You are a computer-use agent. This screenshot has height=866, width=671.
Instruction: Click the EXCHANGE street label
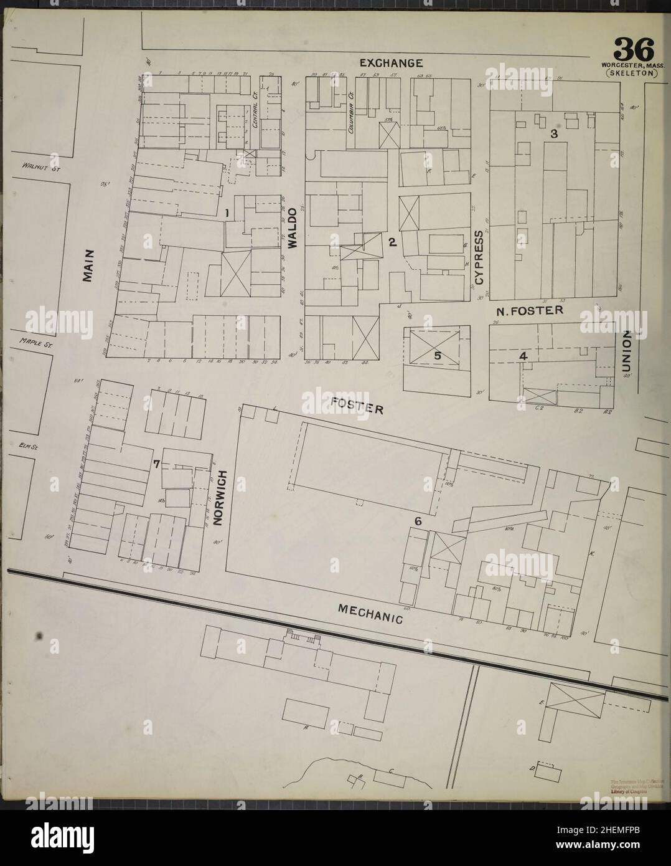[x=392, y=63]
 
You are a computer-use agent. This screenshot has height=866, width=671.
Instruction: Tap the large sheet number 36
[x=634, y=49]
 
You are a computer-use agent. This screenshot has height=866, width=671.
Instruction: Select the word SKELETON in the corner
[x=631, y=72]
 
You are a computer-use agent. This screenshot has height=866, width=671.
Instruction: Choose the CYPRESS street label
[x=479, y=258]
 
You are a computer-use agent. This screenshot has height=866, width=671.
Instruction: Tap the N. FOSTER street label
[x=530, y=310]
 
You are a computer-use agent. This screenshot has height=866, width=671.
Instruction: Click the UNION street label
[x=627, y=352]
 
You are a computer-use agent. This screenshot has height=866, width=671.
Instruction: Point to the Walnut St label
[x=39, y=167]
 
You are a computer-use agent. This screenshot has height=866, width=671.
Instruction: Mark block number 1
[x=228, y=213]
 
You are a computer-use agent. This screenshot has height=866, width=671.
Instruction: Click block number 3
[x=553, y=134]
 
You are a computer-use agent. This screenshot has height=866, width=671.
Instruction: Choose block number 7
[x=157, y=464]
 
